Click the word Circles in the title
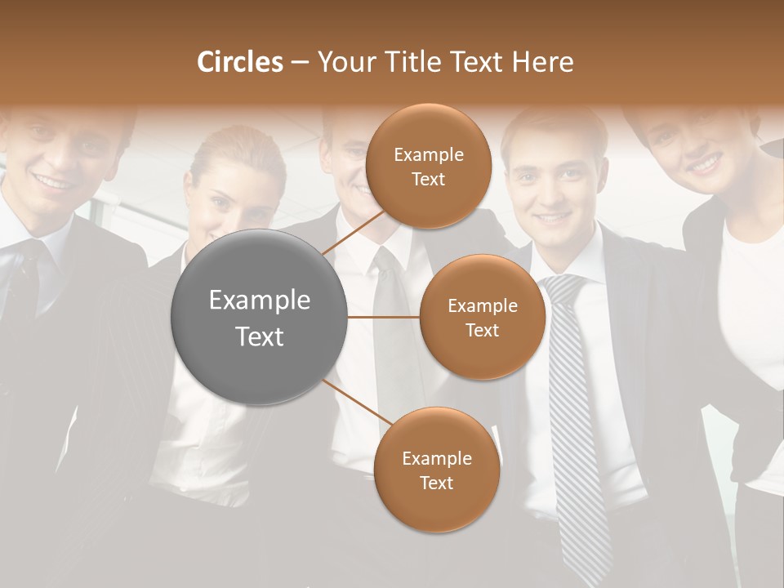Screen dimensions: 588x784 coord(239,62)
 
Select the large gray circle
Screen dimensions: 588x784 coord(260,317)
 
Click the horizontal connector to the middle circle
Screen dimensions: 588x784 coord(384,317)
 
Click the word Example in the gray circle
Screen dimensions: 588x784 coord(260,301)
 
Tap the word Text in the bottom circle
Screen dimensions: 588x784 coord(436,483)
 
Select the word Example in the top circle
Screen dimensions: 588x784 coord(428,154)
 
